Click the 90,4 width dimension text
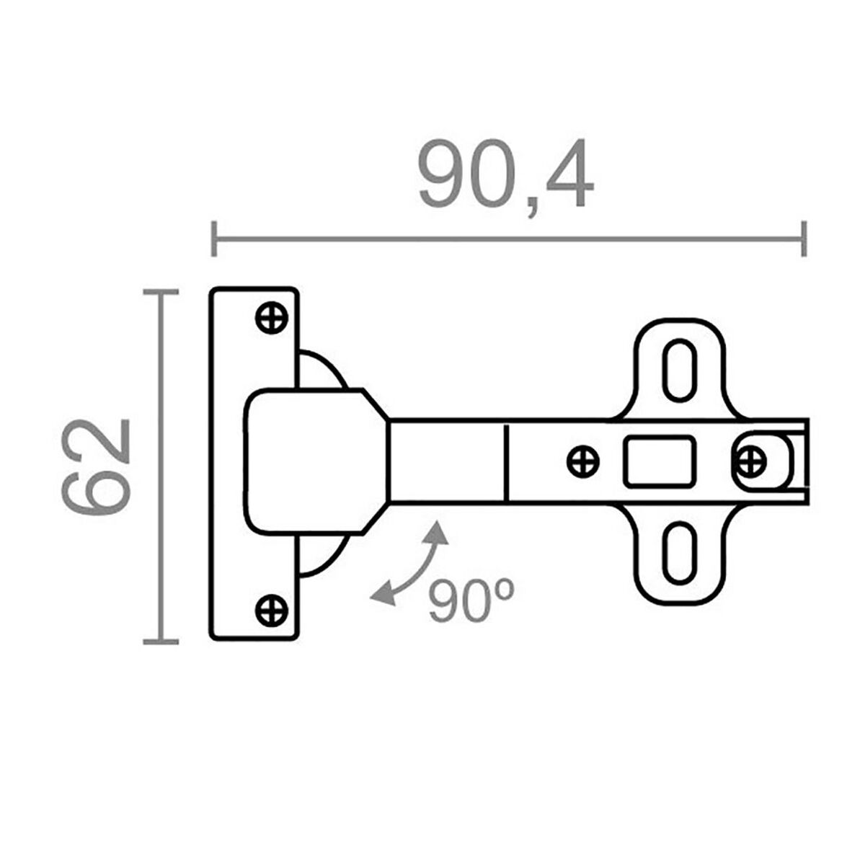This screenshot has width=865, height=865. (506, 175)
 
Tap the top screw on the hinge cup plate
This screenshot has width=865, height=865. (272, 317)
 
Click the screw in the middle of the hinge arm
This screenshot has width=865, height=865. (583, 461)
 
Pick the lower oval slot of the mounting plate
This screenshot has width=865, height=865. (679, 553)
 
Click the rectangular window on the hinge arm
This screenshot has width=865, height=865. (660, 460)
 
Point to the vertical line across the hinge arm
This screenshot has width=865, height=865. (507, 461)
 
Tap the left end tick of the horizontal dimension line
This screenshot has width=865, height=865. (214, 239)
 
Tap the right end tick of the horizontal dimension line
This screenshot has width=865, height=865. (804, 239)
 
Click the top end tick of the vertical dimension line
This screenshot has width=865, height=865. (160, 292)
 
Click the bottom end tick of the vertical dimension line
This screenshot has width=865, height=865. (160, 641)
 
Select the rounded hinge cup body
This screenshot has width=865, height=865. (310, 461)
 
